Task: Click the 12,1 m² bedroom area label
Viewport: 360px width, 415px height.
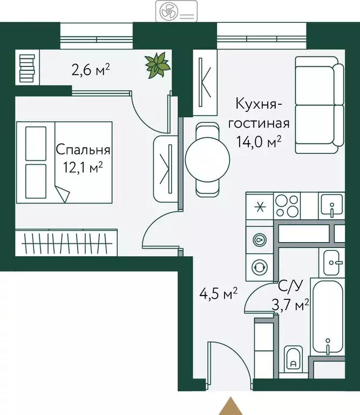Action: pyautogui.click(x=83, y=168)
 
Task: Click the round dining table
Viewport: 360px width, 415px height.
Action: pyautogui.click(x=208, y=158)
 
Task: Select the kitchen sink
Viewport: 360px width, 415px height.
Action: pyautogui.click(x=330, y=205)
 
